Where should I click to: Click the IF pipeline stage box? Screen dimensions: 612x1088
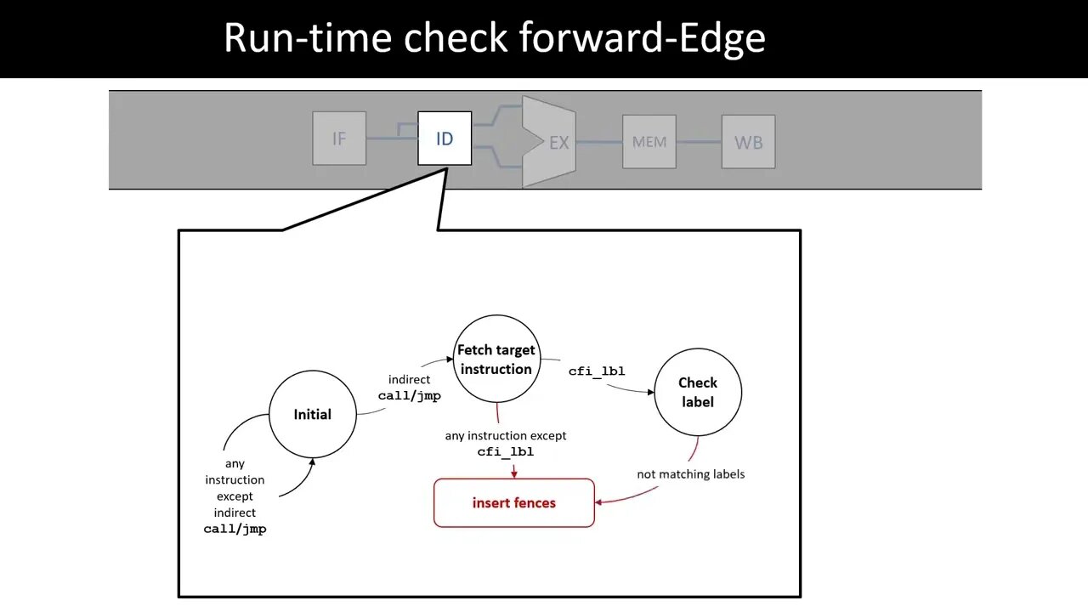click(339, 139)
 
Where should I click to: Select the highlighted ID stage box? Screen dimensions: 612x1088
click(445, 139)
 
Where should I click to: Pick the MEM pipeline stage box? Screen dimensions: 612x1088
click(649, 142)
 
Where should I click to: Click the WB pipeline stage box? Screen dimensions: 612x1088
click(748, 142)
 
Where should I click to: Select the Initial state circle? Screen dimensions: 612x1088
click(313, 414)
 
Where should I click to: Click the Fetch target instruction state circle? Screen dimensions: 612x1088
click(496, 360)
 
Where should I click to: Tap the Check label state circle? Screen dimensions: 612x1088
click(698, 392)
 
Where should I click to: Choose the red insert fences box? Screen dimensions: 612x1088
click(514, 503)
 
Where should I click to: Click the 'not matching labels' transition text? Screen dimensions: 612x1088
click(690, 474)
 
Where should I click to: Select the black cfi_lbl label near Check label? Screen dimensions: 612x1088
click(597, 371)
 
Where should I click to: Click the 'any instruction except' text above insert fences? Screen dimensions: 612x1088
click(506, 436)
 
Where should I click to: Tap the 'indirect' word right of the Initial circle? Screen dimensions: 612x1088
click(409, 380)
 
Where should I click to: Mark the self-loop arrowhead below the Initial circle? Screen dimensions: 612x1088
click(314, 462)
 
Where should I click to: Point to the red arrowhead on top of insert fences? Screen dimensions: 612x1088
click(514, 473)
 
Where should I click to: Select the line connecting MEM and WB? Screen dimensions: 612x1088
click(699, 142)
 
